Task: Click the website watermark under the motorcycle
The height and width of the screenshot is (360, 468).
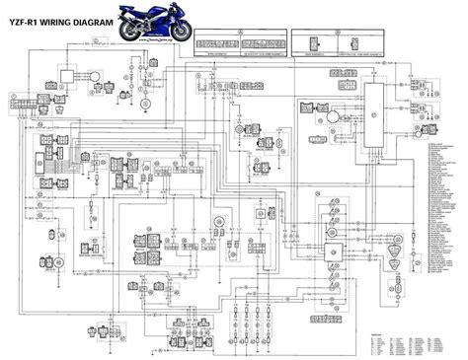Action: (156, 44)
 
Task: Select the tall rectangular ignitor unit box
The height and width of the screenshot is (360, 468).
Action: (376, 117)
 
